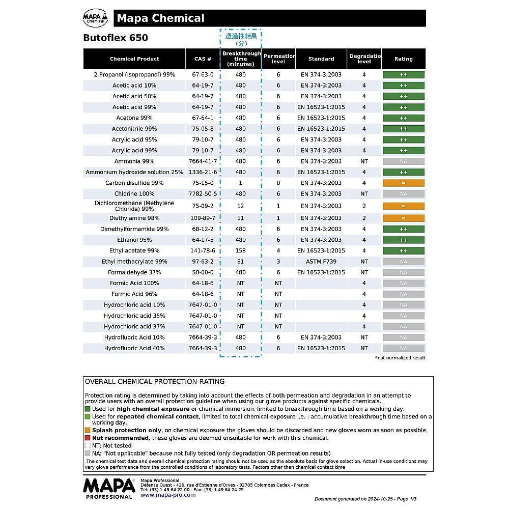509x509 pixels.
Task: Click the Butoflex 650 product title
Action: [116, 38]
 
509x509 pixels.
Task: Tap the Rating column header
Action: [403, 59]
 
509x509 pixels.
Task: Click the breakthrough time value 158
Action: [240, 251]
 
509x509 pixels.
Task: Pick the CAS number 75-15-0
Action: [203, 183]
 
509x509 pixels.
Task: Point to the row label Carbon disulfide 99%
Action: [134, 183]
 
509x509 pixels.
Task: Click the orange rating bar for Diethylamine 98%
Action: [403, 218]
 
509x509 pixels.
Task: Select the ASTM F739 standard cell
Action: [321, 262]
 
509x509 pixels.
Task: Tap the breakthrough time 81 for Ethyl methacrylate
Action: [240, 262]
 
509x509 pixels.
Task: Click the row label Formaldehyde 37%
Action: [134, 272]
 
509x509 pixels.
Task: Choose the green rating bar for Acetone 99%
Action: [403, 118]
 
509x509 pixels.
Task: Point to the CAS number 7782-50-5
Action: [203, 194]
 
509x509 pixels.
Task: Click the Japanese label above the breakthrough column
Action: [241, 40]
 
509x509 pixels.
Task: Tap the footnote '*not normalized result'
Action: [400, 358]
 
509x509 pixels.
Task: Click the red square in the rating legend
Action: [88, 438]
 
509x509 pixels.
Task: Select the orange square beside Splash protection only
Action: [88, 430]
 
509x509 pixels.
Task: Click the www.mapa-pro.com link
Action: [167, 495]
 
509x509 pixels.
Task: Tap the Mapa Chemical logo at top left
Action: [95, 19]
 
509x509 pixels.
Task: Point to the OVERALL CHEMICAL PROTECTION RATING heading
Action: [154, 382]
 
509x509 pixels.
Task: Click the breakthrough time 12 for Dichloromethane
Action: [240, 206]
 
